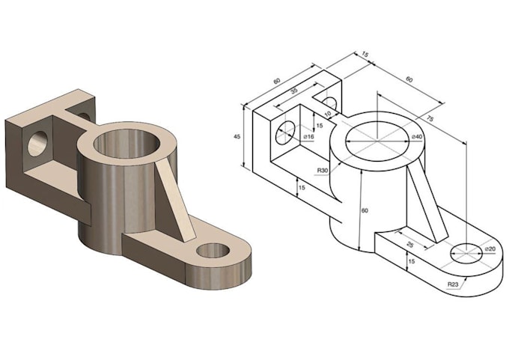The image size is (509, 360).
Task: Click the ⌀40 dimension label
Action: coord(418,137)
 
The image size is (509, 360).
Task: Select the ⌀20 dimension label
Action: coord(490,248)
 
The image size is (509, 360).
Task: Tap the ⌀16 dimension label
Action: coord(308,137)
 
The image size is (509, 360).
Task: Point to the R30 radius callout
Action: coord(323,171)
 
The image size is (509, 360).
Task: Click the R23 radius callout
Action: coord(453,284)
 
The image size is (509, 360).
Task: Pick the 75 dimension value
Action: coord(430,118)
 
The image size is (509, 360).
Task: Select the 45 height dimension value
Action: coord(237,137)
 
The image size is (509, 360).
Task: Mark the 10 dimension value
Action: coord(327,114)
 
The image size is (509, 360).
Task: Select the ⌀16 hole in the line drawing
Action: coord(284,134)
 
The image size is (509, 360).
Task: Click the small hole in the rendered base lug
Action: coord(213,250)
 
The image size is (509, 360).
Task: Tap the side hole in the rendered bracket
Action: coord(37,142)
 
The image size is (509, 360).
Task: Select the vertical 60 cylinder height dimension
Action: coord(365,211)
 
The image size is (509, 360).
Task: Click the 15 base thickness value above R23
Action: coord(410,261)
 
